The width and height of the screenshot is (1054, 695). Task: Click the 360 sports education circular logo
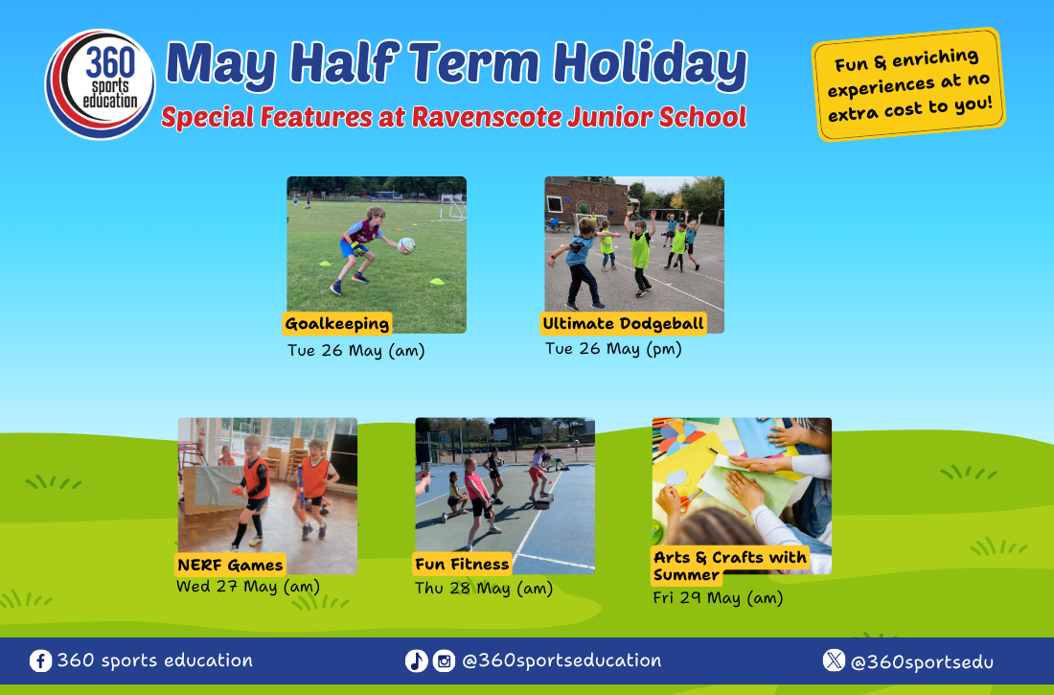point(101,84)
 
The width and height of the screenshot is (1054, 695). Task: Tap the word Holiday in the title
point(650,64)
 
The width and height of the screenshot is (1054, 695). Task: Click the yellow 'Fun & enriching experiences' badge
point(908,84)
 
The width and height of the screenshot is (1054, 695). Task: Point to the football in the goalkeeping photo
point(406,244)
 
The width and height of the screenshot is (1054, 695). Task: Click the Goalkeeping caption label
point(336,324)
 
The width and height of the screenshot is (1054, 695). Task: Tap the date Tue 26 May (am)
point(356,351)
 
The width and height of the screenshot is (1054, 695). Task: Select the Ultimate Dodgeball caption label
point(623,324)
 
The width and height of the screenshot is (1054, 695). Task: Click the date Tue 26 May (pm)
point(613,349)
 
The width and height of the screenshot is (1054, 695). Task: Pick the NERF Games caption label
point(230,565)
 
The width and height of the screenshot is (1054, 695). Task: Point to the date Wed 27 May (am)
point(248,586)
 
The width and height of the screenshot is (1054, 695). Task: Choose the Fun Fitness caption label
point(462,564)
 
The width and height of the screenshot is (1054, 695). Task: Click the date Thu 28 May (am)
point(483,588)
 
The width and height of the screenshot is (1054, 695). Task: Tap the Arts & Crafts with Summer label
point(730,566)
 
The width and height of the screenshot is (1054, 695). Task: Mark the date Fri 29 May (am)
point(718,597)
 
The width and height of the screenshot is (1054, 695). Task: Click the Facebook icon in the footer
point(40,660)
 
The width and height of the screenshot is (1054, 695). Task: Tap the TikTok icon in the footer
point(416,660)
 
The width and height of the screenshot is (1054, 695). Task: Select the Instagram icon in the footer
point(444,660)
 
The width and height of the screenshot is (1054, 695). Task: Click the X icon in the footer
point(834,660)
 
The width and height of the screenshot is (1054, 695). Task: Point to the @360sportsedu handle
point(922,662)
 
